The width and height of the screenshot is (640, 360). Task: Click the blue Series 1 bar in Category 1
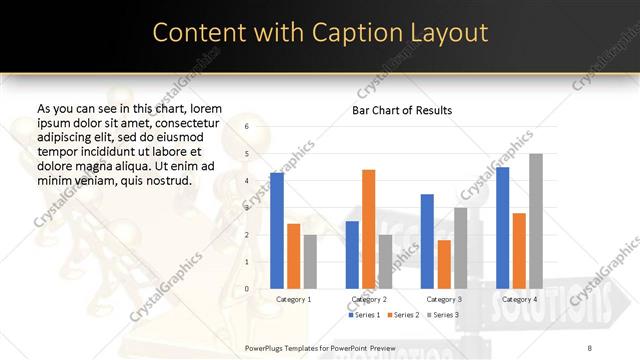pyautogui.click(x=277, y=230)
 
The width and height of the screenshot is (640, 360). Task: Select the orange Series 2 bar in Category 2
pyautogui.click(x=368, y=228)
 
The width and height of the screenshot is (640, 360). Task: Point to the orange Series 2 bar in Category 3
pyautogui.click(x=444, y=264)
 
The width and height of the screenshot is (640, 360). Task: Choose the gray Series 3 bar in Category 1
pyautogui.click(x=310, y=261)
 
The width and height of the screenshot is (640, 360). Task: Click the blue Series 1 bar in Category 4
pyautogui.click(x=502, y=227)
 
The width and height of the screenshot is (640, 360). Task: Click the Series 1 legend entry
pyautogui.click(x=363, y=315)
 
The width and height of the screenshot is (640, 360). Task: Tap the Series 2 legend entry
pyautogui.click(x=401, y=315)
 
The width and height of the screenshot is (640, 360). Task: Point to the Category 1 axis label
pyautogui.click(x=293, y=299)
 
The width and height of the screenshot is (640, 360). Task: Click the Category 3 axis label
pyautogui.click(x=443, y=299)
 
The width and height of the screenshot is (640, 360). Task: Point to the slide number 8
pyautogui.click(x=589, y=346)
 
